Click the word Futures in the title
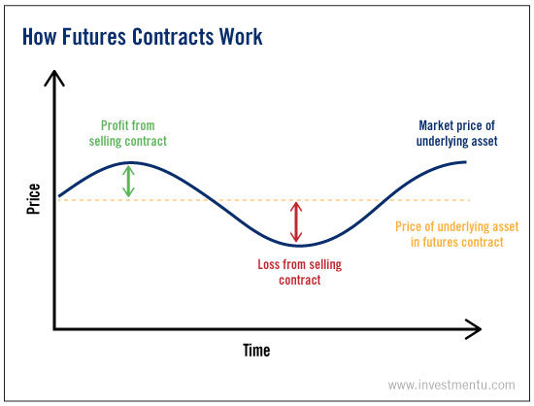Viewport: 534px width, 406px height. [x=93, y=37]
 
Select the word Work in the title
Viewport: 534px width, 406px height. [x=241, y=37]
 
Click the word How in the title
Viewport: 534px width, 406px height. [x=39, y=37]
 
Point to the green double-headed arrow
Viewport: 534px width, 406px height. [x=128, y=182]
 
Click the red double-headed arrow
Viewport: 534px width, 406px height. [x=296, y=222]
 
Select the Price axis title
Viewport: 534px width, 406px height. [x=33, y=199]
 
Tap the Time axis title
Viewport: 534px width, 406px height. [x=256, y=351]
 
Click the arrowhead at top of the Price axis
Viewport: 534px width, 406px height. [x=54, y=72]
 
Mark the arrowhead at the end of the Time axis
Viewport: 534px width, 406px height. [x=481, y=329]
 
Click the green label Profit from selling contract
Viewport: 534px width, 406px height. [x=128, y=133]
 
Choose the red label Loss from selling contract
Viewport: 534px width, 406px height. [x=300, y=272]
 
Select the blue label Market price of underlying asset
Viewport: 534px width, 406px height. [x=456, y=133]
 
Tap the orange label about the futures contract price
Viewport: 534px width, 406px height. [x=456, y=234]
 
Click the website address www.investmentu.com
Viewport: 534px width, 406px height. [x=451, y=386]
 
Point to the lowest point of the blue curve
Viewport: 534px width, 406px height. [x=299, y=245]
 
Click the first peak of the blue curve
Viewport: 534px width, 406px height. [x=131, y=163]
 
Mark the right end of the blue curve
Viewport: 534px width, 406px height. [x=465, y=162]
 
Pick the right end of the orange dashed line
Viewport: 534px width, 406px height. [x=470, y=200]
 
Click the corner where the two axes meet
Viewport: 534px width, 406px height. [x=54, y=329]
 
